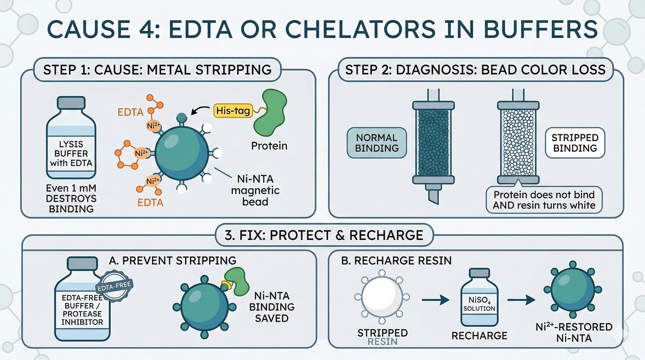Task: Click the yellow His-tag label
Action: point(233,110)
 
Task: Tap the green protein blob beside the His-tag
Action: point(270,112)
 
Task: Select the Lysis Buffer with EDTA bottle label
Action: point(71,154)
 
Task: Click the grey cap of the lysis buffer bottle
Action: point(71,102)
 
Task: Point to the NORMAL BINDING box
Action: point(377,143)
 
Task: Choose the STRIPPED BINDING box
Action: point(575,143)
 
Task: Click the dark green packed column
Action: point(433,143)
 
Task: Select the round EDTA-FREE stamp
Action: point(114,285)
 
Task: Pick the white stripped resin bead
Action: point(382,297)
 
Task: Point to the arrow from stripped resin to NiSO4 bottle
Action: point(435,300)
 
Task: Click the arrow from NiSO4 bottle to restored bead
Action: point(521,300)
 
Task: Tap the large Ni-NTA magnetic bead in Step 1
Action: point(182,153)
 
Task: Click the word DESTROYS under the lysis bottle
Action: point(71,198)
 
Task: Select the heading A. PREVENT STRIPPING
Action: point(173,260)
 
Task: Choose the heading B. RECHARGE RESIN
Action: point(396,260)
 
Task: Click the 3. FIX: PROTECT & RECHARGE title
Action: point(324,235)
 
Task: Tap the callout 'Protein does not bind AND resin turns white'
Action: point(544,200)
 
